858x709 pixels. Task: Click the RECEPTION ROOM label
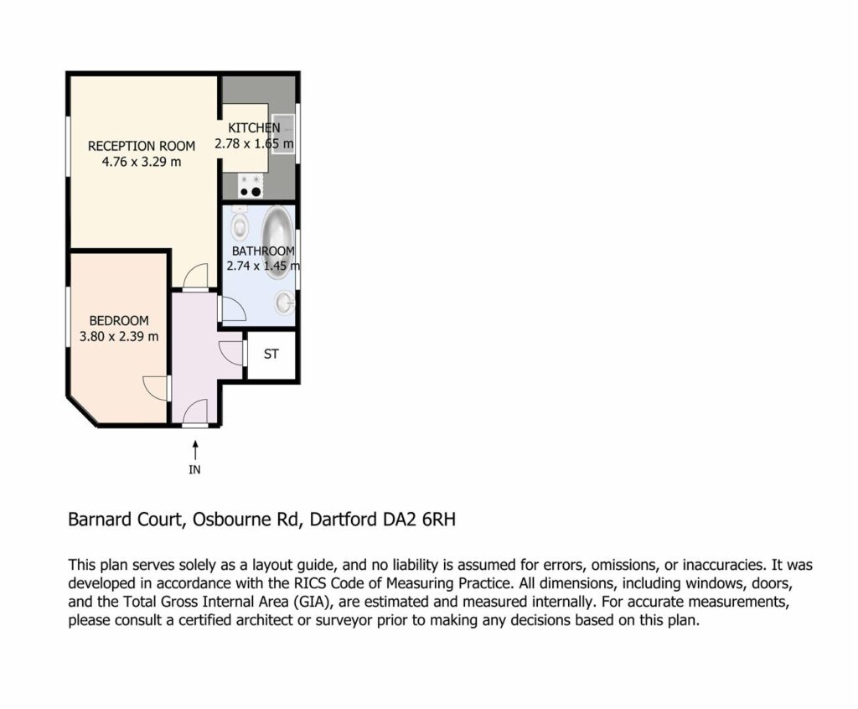pyautogui.click(x=142, y=146)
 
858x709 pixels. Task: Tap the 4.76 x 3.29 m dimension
pyautogui.click(x=141, y=162)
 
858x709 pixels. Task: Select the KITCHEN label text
pyautogui.click(x=254, y=128)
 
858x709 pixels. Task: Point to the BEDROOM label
pyautogui.click(x=119, y=321)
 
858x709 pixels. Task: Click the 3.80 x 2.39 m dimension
pyautogui.click(x=119, y=337)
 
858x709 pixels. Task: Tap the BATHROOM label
pyautogui.click(x=263, y=251)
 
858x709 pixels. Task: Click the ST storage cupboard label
pyautogui.click(x=271, y=354)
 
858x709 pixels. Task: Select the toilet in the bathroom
pyautogui.click(x=240, y=223)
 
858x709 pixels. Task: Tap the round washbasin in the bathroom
pyautogui.click(x=284, y=303)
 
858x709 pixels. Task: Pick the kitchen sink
pyautogui.click(x=283, y=135)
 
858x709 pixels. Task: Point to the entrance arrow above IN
pyautogui.click(x=194, y=451)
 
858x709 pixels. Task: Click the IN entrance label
pyautogui.click(x=194, y=470)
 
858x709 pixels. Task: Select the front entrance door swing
pyautogui.click(x=195, y=411)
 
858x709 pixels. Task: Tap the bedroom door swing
pyautogui.click(x=155, y=389)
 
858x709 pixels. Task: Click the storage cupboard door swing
pyautogui.click(x=231, y=352)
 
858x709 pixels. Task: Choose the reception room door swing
pyautogui.click(x=196, y=276)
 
